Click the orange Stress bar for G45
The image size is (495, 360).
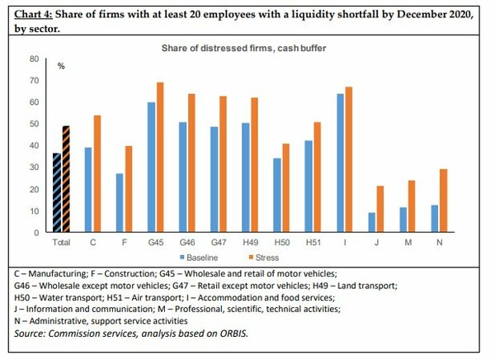point(160,157)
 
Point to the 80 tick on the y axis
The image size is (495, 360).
point(34,59)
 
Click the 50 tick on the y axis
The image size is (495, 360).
point(34,124)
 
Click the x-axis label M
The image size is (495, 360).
point(408,243)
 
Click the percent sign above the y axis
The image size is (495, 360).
point(60,65)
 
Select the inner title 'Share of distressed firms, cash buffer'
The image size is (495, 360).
point(243,48)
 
